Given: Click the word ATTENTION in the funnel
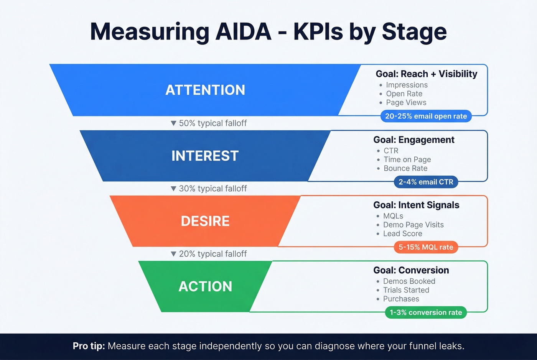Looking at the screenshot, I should [205, 90].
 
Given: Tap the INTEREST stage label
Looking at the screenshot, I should [205, 156].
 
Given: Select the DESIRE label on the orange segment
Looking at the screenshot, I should [205, 221].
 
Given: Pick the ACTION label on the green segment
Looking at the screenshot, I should [205, 286].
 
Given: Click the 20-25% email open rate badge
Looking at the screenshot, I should [426, 116].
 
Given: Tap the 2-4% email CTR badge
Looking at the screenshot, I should [426, 182].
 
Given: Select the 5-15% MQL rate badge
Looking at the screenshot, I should [426, 247].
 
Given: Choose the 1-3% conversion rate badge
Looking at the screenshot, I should [426, 312].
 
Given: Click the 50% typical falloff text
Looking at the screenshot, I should [213, 123].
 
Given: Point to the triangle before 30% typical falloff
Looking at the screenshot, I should [173, 189].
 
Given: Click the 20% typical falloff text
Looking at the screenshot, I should [213, 254].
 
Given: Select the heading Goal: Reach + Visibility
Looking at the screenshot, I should [426, 74].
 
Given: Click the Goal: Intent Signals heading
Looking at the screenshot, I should [416, 205].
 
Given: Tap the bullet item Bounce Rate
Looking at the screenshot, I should [405, 168].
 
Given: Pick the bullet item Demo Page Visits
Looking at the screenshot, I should [413, 225].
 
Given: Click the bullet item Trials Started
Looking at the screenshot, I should [406, 290].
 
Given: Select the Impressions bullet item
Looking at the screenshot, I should [407, 85].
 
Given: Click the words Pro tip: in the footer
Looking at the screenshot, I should [89, 346].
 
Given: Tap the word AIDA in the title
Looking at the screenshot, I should [243, 31].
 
